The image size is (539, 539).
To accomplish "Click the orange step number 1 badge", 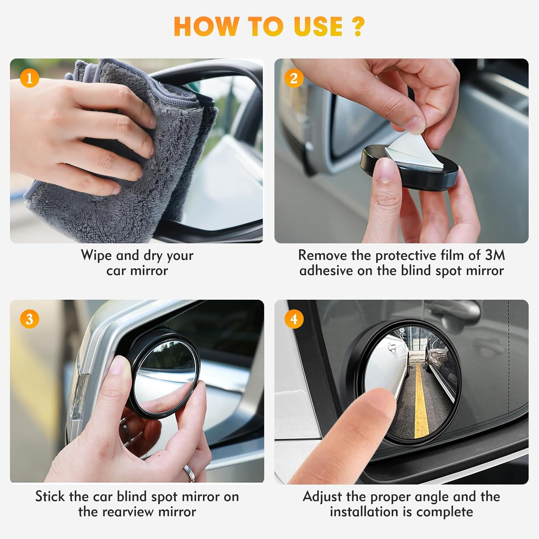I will (x=29, y=78).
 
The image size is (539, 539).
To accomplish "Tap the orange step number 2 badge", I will (x=294, y=78).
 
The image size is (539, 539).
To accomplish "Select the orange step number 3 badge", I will (x=29, y=319).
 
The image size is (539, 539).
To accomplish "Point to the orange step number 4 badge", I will (x=294, y=319).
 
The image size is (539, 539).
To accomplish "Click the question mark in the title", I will (x=358, y=27).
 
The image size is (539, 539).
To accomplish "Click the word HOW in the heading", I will (x=205, y=27).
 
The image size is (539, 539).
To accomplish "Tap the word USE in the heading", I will (x=318, y=27).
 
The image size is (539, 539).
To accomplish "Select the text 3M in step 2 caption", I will (x=494, y=255).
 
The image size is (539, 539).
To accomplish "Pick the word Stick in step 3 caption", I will (x=50, y=497).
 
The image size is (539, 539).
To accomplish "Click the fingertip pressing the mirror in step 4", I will (x=376, y=399).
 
